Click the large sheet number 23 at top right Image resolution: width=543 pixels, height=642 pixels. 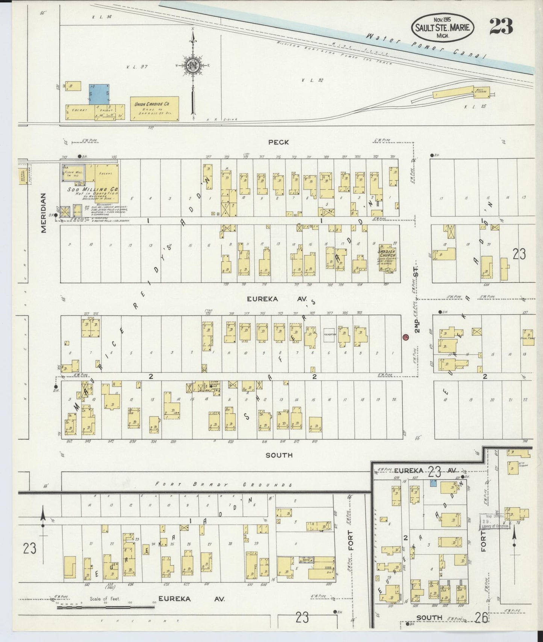[x=501, y=26]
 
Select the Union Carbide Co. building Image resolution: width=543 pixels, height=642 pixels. [x=154, y=108]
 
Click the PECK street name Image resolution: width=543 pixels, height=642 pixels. [x=278, y=142]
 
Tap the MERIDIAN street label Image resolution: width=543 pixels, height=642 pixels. [x=44, y=213]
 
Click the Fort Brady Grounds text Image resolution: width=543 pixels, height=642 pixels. [x=224, y=485]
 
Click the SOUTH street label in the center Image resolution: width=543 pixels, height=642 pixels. [x=279, y=455]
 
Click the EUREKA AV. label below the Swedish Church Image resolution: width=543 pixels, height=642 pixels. [x=277, y=299]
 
